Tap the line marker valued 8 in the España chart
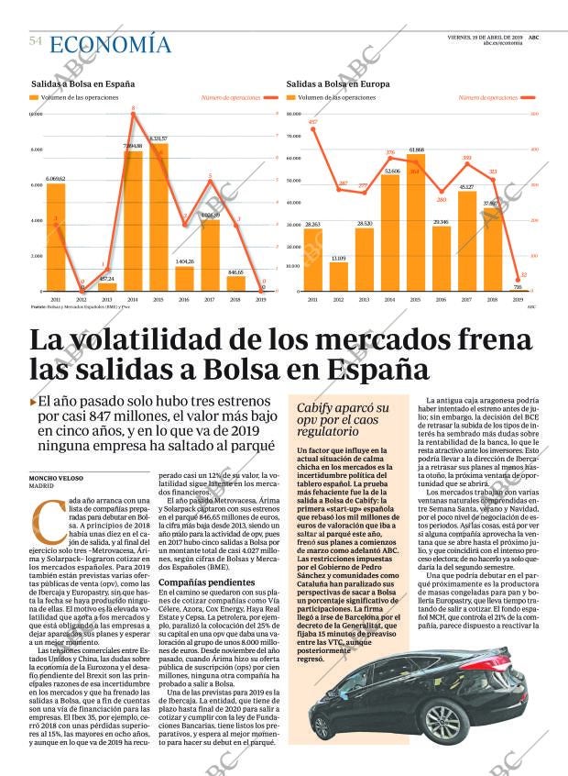click(134, 109)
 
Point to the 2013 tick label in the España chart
click(107, 300)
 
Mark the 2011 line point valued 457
click(313, 128)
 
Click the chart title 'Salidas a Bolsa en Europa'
click(338, 83)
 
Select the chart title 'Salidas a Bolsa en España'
click(82, 83)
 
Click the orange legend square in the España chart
click(34, 97)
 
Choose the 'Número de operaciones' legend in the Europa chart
click(487, 97)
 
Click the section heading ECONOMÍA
click(110, 44)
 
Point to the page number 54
click(36, 41)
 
